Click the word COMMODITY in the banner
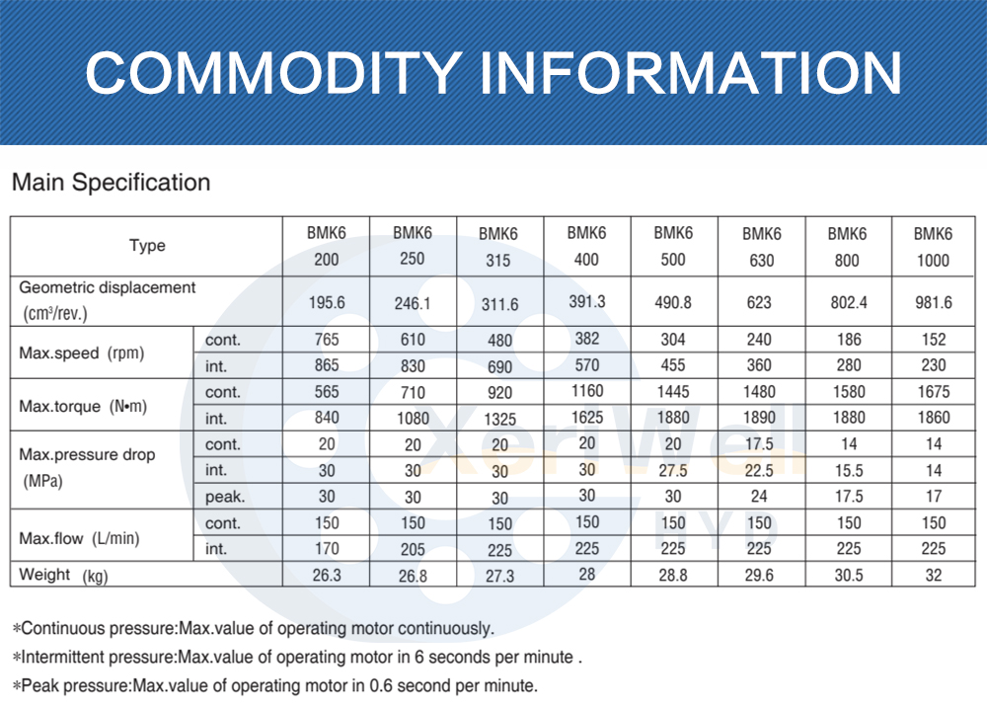(x=269, y=72)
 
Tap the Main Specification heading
(x=111, y=183)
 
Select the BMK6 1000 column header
(x=933, y=248)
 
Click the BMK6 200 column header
(x=326, y=248)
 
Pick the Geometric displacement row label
(x=108, y=300)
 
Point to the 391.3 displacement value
(x=586, y=300)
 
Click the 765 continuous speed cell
(x=326, y=340)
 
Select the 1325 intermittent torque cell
(x=498, y=419)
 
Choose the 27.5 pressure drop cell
(x=672, y=471)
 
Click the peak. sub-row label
(x=224, y=497)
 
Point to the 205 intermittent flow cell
(x=413, y=549)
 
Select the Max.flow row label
(x=78, y=538)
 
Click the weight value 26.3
(x=326, y=576)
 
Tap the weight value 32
(x=933, y=576)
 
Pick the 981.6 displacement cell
(x=933, y=301)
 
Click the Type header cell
(x=147, y=246)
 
